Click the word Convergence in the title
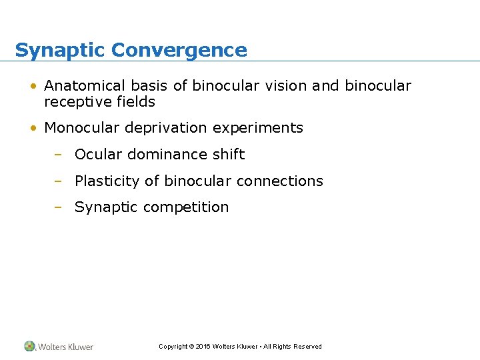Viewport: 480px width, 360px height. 179,50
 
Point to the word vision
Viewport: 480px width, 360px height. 291,86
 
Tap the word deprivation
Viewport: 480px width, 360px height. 165,128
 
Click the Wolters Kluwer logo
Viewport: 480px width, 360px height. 59,347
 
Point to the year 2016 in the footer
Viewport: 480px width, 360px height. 203,347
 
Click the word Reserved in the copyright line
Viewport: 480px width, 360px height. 307,347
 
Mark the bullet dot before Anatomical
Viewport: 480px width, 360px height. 33,87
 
